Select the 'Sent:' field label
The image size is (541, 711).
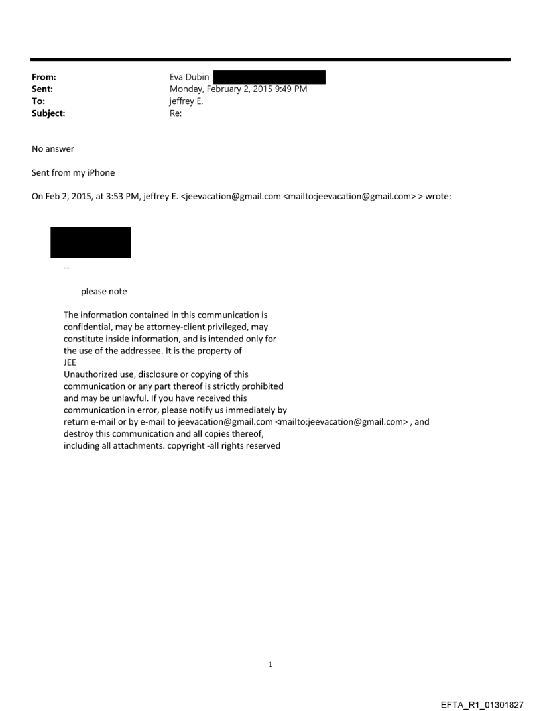coord(42,89)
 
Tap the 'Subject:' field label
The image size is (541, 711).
coord(47,113)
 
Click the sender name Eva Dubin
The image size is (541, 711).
coord(190,78)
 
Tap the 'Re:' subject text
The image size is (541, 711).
coord(176,113)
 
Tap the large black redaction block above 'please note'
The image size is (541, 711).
coord(91,243)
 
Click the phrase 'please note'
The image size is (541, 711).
coord(103,291)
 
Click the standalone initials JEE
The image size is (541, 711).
coord(70,362)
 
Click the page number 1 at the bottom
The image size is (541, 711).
coord(270,664)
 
